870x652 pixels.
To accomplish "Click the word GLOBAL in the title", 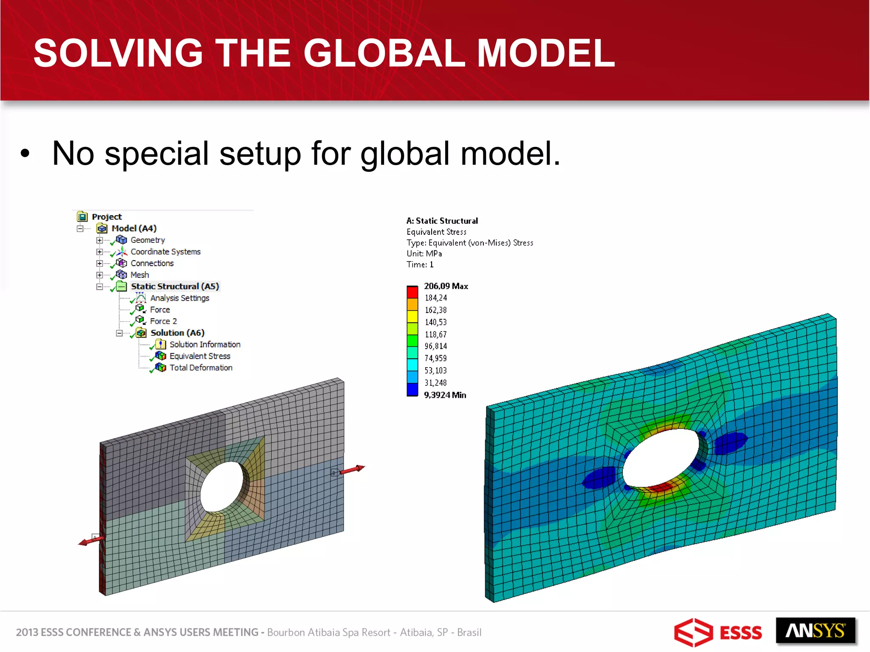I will tap(384, 53).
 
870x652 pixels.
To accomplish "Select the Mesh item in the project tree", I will tap(139, 275).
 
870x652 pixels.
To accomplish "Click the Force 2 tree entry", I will tap(163, 321).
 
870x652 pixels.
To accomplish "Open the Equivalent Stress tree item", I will tap(200, 356).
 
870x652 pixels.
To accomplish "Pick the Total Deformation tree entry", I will tap(201, 368).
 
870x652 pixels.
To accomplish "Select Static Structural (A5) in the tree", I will tap(175, 287).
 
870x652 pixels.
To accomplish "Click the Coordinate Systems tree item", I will tap(165, 252).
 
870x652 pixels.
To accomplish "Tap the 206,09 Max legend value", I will tap(446, 286).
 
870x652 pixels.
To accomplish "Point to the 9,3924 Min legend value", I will tap(445, 395).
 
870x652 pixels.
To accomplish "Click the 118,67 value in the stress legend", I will tap(435, 334).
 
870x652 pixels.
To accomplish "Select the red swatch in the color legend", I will tap(412, 292).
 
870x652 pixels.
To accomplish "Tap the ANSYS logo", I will tap(815, 631).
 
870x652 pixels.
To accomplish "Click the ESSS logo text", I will tap(740, 633).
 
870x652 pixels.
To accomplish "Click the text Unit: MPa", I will tap(424, 254).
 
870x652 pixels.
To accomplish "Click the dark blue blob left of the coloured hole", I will tap(599, 478).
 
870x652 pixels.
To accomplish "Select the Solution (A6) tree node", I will tap(177, 333).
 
